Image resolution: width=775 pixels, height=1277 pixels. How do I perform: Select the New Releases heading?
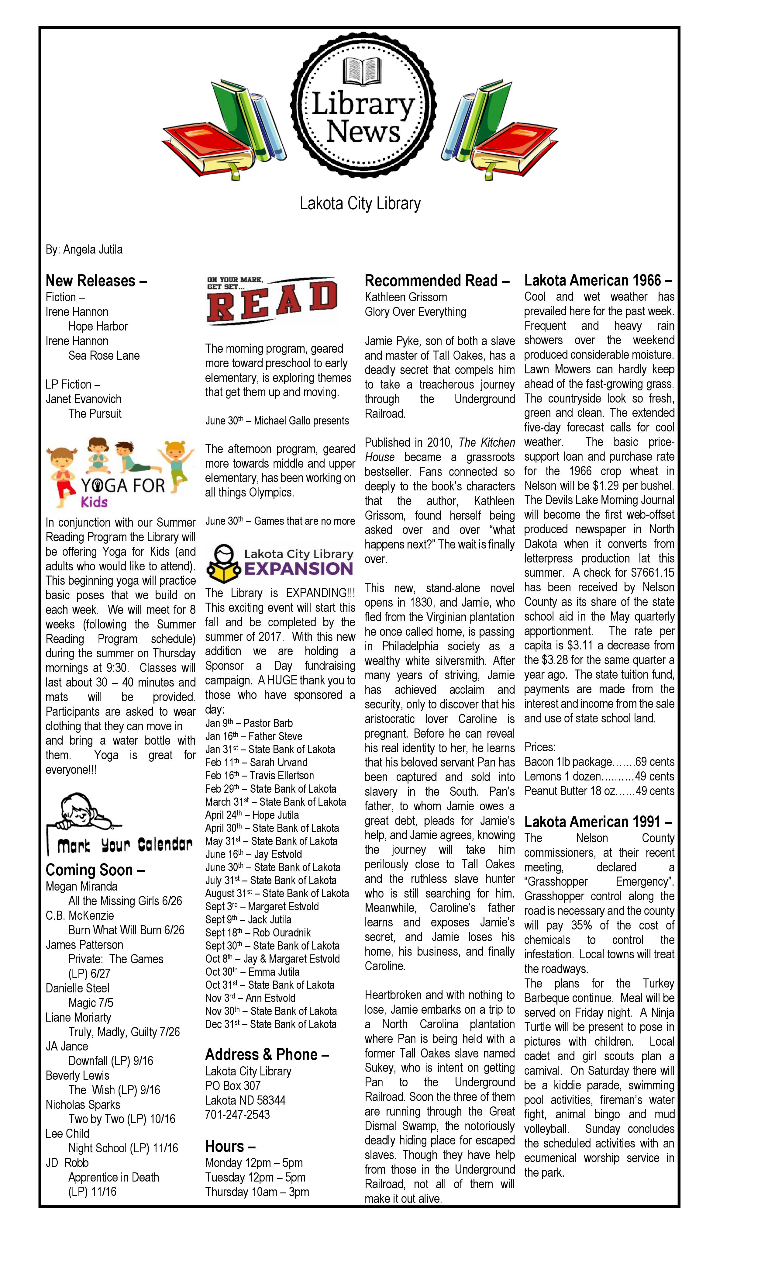[96, 281]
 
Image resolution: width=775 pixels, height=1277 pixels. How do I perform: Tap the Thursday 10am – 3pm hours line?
[257, 1192]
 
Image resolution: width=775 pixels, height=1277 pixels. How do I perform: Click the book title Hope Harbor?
[98, 327]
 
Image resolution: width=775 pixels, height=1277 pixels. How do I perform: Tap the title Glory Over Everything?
[415, 312]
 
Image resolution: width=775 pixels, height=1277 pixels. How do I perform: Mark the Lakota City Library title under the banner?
[360, 204]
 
